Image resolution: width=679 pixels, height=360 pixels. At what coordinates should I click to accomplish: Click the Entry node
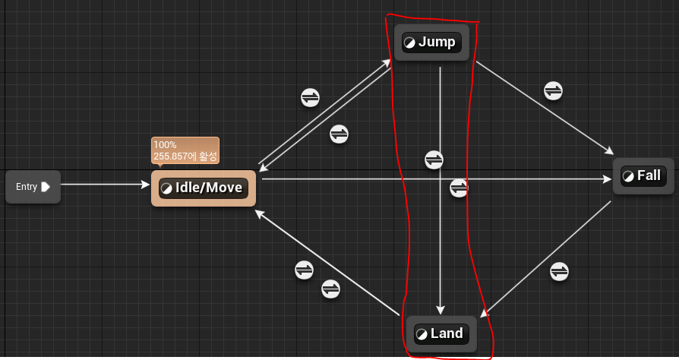[32, 187]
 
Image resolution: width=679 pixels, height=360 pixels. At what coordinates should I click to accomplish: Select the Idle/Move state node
[204, 188]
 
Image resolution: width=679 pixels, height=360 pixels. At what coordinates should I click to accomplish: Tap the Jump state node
[431, 42]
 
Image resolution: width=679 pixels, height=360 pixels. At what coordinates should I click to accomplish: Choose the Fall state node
[643, 176]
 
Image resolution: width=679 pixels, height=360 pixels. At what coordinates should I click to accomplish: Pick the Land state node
[441, 334]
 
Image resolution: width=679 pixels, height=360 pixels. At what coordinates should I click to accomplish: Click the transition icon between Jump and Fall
[554, 90]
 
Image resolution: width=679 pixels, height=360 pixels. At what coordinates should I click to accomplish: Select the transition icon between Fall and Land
[559, 270]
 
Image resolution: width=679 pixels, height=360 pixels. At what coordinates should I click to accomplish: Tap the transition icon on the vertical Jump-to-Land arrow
[434, 159]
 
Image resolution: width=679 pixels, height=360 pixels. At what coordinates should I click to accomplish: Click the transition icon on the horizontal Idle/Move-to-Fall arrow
[459, 188]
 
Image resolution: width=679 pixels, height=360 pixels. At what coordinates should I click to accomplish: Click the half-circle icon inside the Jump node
[409, 43]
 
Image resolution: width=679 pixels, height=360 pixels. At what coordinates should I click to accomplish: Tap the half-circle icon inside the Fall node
[627, 176]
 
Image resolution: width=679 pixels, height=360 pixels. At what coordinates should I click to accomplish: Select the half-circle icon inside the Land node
[421, 334]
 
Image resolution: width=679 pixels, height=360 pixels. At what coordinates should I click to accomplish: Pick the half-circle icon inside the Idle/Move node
[166, 188]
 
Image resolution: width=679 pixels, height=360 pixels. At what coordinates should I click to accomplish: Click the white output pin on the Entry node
[46, 187]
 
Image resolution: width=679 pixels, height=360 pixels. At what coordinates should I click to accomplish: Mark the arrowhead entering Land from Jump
[441, 309]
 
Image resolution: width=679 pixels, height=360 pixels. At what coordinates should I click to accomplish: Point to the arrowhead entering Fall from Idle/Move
[607, 179]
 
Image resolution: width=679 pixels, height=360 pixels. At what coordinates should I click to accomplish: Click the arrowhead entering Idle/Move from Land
[259, 213]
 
